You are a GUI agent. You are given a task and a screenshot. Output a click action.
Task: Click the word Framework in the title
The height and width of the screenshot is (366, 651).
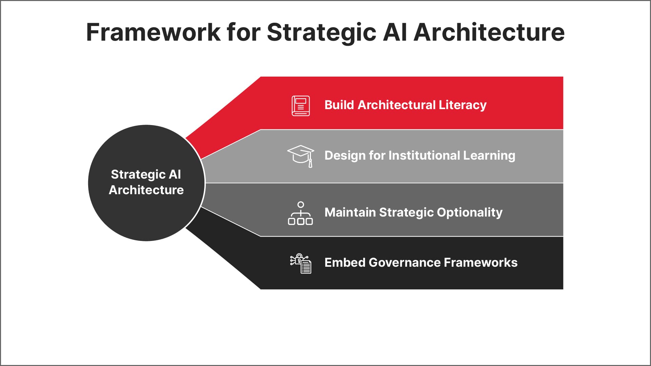point(153,32)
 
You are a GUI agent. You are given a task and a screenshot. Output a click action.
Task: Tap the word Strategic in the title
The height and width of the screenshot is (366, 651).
point(321,32)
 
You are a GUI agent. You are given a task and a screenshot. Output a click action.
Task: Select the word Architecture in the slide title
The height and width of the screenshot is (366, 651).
point(489,32)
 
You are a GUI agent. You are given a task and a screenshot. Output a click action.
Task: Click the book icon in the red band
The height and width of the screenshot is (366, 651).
point(301,106)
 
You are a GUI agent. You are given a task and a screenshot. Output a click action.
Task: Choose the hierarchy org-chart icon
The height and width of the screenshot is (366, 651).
point(300,213)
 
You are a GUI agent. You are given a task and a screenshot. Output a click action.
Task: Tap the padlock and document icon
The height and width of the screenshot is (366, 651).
point(301,263)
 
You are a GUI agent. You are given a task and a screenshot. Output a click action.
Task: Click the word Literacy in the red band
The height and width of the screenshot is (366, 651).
point(462,105)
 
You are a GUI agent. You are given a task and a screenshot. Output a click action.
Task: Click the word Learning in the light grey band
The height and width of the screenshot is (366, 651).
point(489,156)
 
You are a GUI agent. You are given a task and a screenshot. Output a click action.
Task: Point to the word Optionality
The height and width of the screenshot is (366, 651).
point(470,212)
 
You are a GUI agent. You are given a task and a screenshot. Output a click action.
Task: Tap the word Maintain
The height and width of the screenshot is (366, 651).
point(350,212)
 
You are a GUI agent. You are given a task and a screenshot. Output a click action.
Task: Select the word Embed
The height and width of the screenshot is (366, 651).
point(344,263)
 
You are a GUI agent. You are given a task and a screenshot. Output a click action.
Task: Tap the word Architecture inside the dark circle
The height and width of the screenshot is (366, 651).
point(146,190)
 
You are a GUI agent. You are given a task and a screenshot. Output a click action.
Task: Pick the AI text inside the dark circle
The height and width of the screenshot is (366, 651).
point(175,175)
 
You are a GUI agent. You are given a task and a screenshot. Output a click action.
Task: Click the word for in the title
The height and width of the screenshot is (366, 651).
point(243,32)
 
